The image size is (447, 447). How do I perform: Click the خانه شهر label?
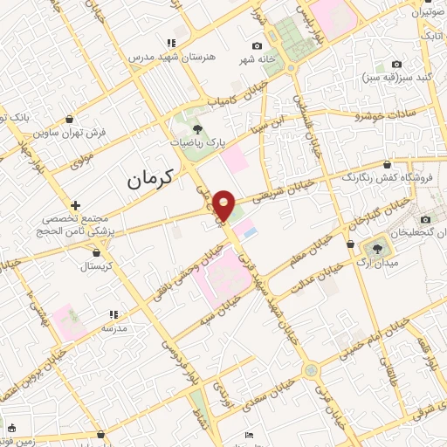tap(234, 59)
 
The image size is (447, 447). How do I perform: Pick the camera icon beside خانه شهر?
tap(257, 45)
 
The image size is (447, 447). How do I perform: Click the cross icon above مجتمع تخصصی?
tap(76, 205)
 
